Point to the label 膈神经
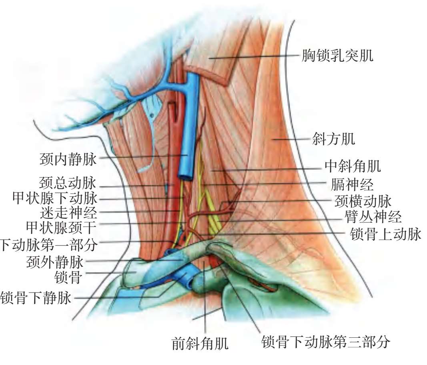point(352,184)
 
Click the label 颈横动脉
point(363,201)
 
